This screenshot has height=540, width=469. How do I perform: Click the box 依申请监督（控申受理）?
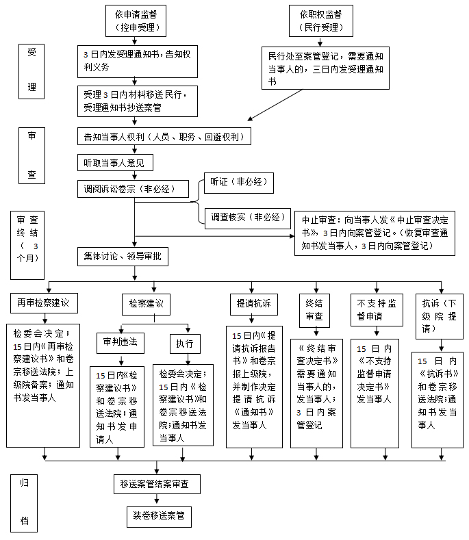137,21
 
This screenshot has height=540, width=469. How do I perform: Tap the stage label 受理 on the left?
31,71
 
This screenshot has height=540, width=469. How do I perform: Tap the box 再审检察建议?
44,302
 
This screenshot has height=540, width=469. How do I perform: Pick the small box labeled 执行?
185,342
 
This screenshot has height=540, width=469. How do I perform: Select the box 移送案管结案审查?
159,484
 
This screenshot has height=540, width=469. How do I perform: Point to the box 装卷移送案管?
158,515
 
